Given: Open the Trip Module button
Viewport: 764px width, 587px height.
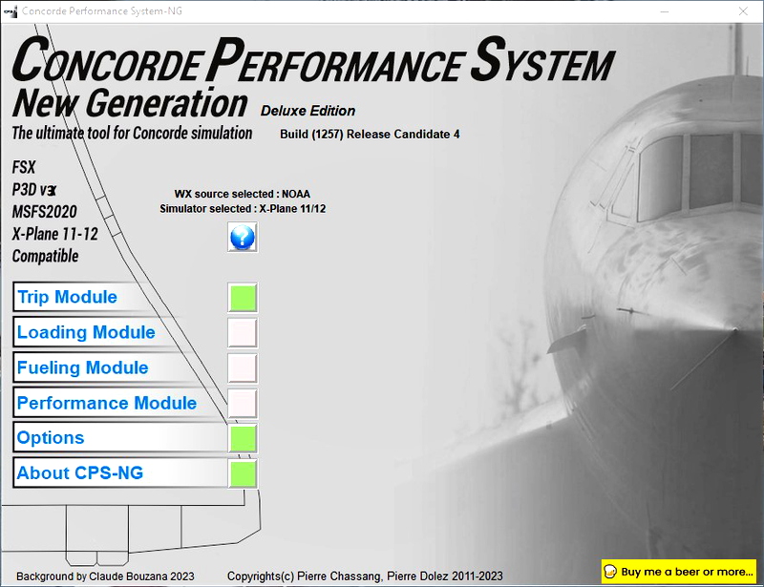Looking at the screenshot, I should pos(119,298).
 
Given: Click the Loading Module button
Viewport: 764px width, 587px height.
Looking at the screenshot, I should pos(119,333).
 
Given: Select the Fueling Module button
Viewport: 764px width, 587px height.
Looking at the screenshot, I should pos(119,368).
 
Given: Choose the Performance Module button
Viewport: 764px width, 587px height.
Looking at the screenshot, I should pos(119,404).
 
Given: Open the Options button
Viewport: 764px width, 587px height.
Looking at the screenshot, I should pos(119,438).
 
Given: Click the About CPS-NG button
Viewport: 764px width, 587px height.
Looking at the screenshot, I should pos(119,473).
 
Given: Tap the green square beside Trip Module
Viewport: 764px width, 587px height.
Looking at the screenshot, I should pos(243,298).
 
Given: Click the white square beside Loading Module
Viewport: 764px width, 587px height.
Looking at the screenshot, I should pos(243,332).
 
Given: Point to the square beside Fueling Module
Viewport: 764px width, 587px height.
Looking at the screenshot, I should pos(243,367).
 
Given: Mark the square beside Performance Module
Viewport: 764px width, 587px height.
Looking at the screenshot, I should pos(243,403).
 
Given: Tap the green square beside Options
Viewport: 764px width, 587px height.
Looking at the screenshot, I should pos(244,438).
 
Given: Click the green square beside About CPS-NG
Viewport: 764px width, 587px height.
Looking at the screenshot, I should pos(244,473).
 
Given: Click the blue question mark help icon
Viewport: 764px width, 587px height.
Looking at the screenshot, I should pos(243,237).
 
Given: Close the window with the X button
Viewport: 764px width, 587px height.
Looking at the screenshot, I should pos(741,10).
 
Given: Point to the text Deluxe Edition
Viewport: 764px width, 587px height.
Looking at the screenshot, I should pos(308,111).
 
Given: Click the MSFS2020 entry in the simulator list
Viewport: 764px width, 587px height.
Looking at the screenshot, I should pos(45,211).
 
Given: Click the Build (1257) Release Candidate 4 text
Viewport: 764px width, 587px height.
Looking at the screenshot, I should pos(370,134).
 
